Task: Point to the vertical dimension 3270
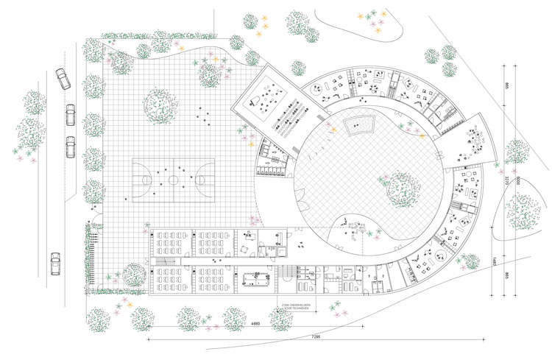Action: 507,180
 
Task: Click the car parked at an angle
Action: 62,79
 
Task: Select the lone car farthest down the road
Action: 55,263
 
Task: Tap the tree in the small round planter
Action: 135,275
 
